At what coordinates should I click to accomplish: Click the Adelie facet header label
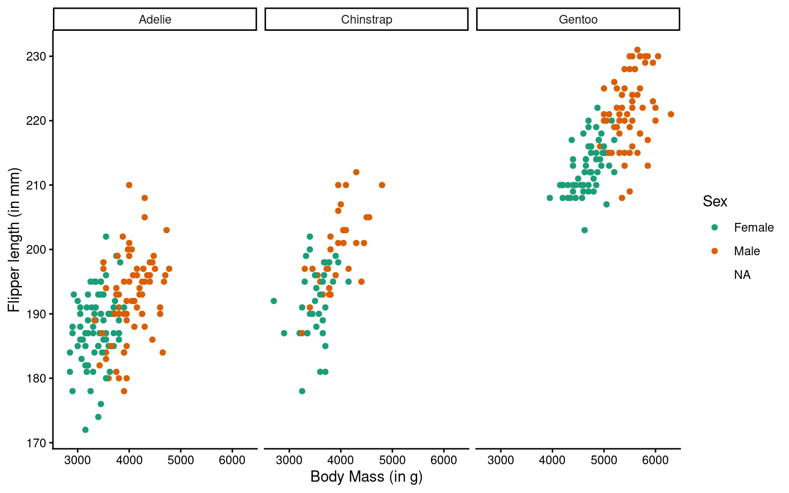click(155, 20)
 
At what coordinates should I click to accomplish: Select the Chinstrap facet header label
click(366, 20)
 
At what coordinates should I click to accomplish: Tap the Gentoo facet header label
click(578, 20)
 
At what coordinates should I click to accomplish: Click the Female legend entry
click(753, 227)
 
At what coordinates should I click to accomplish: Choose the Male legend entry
click(746, 251)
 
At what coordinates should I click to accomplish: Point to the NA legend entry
click(742, 275)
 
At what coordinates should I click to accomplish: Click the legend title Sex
click(715, 201)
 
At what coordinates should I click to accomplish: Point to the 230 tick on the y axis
click(36, 56)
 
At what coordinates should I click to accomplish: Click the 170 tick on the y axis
click(36, 443)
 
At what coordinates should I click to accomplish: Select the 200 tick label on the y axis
click(36, 250)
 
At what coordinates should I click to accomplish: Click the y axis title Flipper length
click(14, 239)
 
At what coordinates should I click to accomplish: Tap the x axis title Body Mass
click(366, 477)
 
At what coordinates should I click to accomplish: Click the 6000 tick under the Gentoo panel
click(655, 460)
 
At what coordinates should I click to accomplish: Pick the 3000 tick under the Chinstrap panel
click(289, 460)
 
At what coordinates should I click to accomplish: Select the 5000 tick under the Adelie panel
click(180, 460)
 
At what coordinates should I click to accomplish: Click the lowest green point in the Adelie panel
click(85, 430)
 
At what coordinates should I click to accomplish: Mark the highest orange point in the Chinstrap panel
click(356, 172)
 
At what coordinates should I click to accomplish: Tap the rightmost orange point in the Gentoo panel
click(670, 114)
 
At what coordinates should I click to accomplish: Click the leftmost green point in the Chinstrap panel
click(274, 301)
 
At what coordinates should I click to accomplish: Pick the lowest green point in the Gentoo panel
click(585, 230)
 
